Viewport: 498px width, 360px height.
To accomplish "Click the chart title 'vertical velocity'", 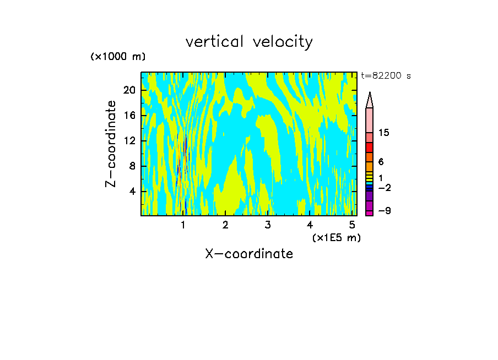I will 249,42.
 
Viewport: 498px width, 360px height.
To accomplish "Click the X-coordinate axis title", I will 249,254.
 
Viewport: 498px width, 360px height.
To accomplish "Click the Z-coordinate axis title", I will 111,144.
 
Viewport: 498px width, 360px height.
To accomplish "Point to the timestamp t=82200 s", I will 386,76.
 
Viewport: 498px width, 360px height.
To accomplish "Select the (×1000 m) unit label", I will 117,57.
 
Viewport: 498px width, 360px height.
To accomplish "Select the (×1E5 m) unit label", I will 336,237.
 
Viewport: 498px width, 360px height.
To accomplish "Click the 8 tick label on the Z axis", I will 133,166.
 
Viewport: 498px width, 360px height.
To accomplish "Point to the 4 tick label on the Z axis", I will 133,191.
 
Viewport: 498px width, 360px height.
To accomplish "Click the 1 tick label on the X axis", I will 183,225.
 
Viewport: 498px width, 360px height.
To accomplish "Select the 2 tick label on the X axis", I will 225,225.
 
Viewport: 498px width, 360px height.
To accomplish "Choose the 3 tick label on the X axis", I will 267,225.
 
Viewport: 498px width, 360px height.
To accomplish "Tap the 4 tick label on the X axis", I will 310,225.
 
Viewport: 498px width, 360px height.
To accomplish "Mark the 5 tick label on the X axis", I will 351,225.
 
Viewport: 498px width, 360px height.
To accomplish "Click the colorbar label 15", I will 384,133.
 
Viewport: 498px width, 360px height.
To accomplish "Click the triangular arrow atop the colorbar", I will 370,100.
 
